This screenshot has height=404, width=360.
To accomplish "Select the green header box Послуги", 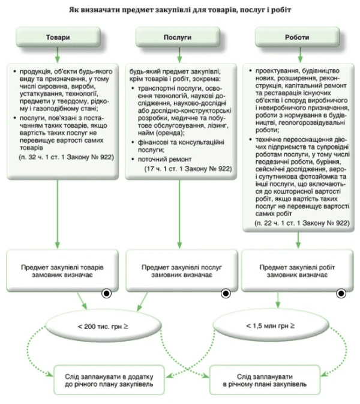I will tap(178, 37).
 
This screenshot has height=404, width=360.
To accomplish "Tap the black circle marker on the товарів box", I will tap(106, 294).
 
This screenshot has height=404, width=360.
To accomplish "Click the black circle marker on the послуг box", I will tap(226, 294).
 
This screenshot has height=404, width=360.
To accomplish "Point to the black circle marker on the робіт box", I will tap(341, 294).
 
